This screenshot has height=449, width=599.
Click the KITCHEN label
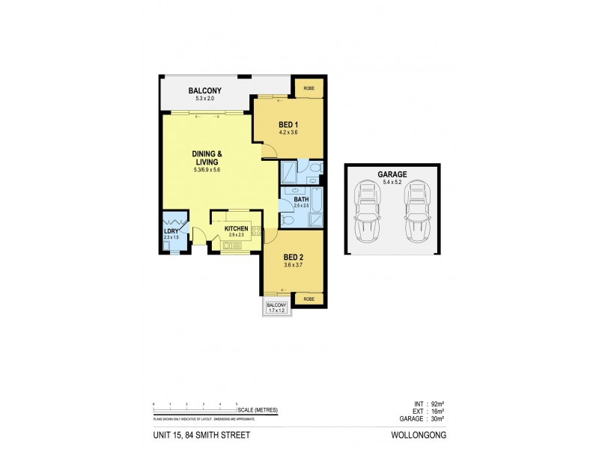(236, 227)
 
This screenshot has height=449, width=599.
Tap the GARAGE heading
(392, 174)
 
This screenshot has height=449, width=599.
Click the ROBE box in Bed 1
(308, 88)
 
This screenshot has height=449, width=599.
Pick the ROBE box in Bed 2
(308, 299)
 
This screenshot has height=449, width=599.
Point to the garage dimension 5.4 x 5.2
(392, 182)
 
